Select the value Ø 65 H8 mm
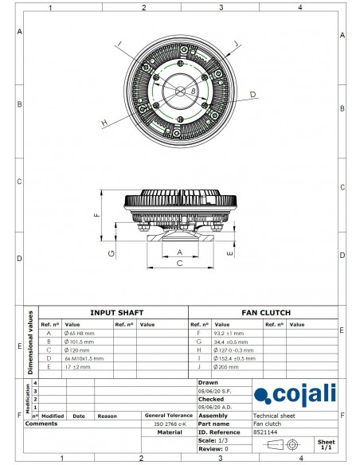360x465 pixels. [80, 333]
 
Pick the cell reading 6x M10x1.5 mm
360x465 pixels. [84, 358]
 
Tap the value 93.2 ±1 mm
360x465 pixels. [230, 333]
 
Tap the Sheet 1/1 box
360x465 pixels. [326, 443]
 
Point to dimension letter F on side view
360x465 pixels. [96, 214]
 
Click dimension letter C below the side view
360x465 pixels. [179, 262]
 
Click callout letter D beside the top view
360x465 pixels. [252, 95]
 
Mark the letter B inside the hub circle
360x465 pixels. [193, 92]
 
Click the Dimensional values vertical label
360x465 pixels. [31, 341]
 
